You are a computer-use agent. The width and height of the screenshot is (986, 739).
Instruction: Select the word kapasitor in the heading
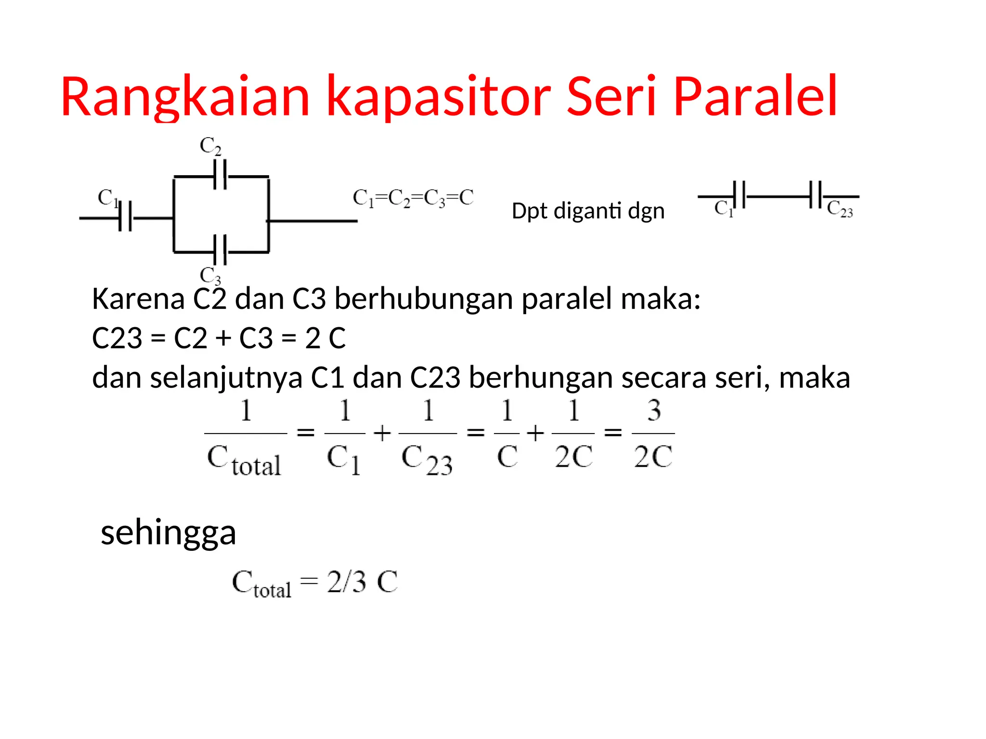point(438,98)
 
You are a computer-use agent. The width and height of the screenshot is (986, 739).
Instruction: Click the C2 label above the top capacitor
point(210,146)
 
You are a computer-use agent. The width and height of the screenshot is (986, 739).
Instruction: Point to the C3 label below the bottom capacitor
point(210,276)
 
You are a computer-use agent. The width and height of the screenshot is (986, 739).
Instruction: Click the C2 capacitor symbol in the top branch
point(221,176)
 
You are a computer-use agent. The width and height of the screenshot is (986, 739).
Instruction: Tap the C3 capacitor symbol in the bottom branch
point(221,251)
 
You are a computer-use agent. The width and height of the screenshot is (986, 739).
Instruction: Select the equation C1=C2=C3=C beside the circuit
point(413,198)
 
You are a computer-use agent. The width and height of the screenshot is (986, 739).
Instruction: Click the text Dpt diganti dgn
point(588,211)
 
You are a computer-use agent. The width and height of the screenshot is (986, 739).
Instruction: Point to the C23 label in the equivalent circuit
point(840,209)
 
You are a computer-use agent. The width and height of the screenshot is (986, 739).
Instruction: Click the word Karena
point(138,299)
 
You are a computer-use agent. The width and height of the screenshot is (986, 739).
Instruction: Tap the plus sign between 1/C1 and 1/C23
point(382,433)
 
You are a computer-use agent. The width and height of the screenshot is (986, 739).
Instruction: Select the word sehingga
point(169,533)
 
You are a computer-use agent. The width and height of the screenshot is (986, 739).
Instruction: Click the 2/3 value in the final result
point(347,582)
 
